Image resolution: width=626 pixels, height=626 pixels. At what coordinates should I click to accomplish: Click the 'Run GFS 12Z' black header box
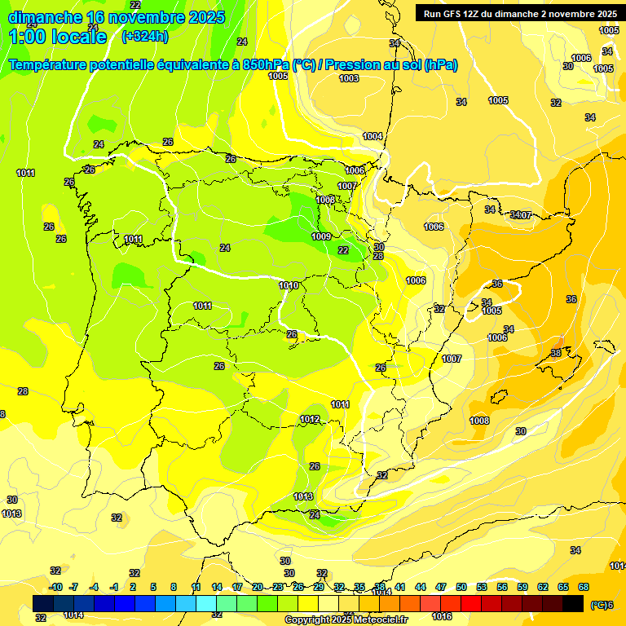[x=519, y=13]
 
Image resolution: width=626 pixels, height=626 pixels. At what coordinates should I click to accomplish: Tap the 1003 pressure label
[x=349, y=78]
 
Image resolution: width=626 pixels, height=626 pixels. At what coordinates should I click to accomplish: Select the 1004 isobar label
[x=373, y=136]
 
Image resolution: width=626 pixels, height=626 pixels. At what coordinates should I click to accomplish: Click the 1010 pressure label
[x=289, y=285]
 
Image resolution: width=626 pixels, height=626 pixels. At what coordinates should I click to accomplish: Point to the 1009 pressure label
[x=321, y=236]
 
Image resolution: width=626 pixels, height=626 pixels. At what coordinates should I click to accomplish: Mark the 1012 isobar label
[x=310, y=419]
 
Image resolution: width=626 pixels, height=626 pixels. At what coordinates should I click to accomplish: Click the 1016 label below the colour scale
[x=442, y=616]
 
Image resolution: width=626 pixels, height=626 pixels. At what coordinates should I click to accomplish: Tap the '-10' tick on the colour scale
[x=55, y=587]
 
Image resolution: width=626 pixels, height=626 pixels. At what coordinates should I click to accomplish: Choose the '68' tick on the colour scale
[x=584, y=587]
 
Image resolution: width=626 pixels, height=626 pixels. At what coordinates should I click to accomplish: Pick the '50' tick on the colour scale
[x=461, y=587]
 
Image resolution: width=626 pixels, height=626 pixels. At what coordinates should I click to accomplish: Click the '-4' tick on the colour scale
[x=94, y=587]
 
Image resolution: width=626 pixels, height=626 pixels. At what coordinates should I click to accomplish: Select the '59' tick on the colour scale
[x=522, y=587]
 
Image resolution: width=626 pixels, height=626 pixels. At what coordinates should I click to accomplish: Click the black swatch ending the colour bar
[x=573, y=603]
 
